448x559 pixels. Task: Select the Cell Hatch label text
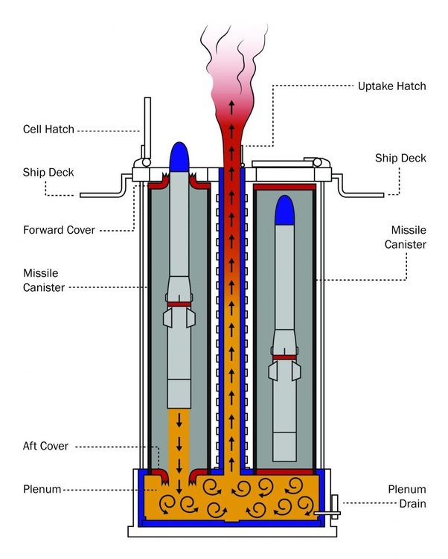tap(48, 130)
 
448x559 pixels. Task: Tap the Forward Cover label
tap(59, 230)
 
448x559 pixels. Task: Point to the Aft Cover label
tap(45, 446)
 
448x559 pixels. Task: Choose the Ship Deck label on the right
tap(400, 159)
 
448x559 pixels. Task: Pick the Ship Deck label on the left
tap(48, 173)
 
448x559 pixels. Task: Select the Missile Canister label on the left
tap(44, 280)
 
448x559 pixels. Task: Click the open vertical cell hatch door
tap(147, 127)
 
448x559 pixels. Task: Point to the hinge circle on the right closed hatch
tap(317, 162)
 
